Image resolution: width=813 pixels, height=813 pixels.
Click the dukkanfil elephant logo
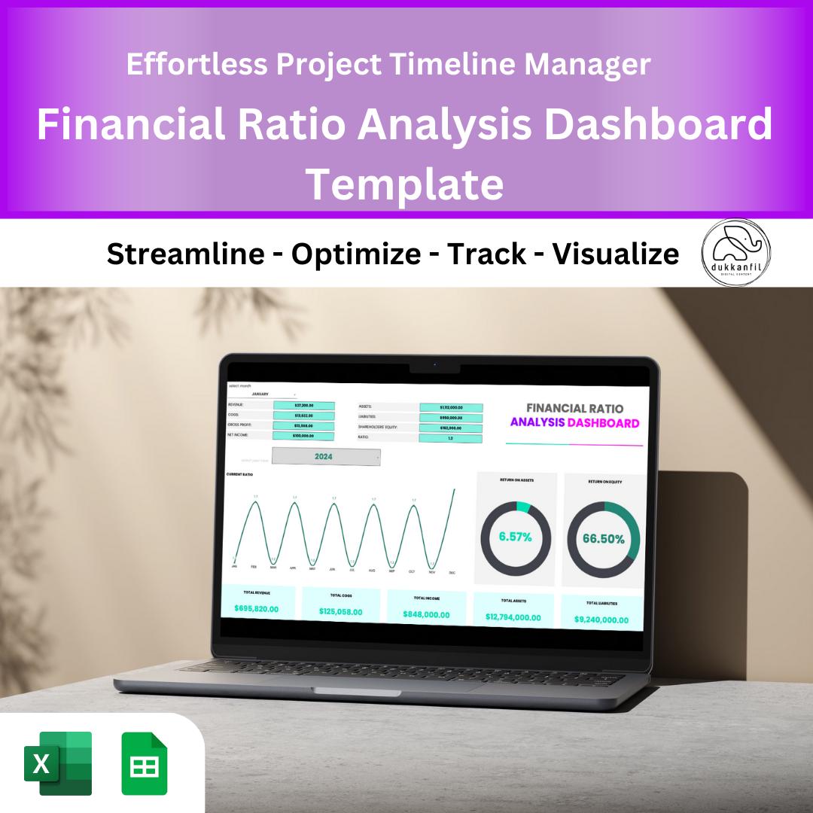[736, 254]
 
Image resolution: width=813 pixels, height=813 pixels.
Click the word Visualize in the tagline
[616, 254]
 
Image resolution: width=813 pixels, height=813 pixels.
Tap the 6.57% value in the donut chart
[516, 537]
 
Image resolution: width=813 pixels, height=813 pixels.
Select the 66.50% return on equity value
[603, 539]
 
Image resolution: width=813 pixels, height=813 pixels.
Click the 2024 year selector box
[325, 456]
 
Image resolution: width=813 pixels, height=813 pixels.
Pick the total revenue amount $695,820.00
[257, 607]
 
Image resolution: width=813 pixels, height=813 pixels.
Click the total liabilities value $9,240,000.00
[601, 620]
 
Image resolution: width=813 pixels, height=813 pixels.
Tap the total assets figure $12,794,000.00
[513, 617]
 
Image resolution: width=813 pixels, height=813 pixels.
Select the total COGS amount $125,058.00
[340, 611]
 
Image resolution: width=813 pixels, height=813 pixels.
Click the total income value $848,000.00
[425, 614]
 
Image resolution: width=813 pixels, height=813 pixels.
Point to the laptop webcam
[434, 367]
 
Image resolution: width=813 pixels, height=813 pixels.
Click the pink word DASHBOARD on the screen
[603, 423]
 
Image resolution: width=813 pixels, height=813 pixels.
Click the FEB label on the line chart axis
[254, 567]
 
